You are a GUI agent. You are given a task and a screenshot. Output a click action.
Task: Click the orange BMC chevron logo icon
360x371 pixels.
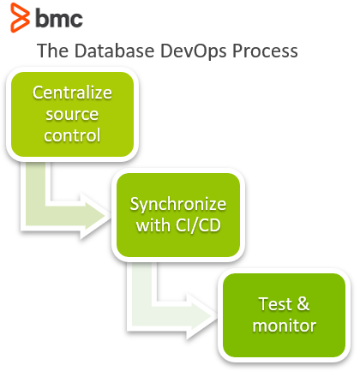(x=20, y=17)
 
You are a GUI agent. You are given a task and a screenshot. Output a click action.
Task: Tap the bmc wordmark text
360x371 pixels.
(x=59, y=18)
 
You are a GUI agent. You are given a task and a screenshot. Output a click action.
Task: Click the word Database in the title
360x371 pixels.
(x=114, y=51)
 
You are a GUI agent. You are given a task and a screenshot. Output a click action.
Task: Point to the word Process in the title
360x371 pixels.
(x=265, y=51)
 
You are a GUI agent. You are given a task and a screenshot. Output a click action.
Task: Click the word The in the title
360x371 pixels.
(x=52, y=51)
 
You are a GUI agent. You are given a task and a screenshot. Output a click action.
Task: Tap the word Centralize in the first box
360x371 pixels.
(x=72, y=93)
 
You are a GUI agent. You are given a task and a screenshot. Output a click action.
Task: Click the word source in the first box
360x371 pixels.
(x=72, y=115)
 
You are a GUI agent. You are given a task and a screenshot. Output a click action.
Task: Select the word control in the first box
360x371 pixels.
(x=72, y=135)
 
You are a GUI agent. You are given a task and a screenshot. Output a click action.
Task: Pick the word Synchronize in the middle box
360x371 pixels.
(x=178, y=205)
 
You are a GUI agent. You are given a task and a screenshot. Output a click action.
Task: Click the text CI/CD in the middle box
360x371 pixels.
(x=198, y=225)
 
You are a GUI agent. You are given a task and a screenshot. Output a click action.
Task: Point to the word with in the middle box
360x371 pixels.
(x=153, y=225)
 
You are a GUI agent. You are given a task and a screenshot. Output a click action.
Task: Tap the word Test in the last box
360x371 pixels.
(x=275, y=304)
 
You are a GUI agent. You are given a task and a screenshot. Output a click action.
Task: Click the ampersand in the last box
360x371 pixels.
(x=303, y=304)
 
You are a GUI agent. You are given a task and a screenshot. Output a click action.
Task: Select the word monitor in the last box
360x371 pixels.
(x=285, y=326)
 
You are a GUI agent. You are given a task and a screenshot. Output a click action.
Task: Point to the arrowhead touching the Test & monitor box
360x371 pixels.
(x=202, y=316)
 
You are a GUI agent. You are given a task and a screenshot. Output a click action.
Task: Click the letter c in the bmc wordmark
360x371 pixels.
(x=75, y=20)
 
